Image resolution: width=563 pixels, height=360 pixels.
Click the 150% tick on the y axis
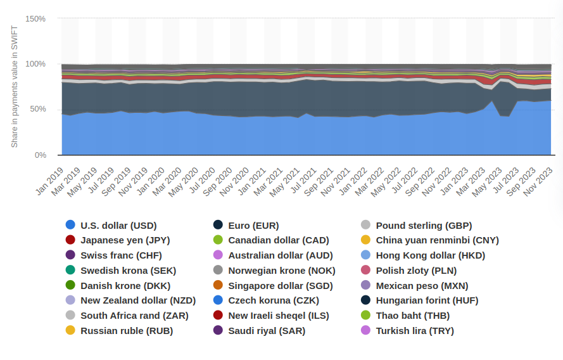35,18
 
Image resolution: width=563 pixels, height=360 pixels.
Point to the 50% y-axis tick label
37,109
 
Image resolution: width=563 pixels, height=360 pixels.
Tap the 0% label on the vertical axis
40,155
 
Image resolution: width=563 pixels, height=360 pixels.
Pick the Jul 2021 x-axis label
305,181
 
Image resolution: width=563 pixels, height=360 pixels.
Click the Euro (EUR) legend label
253,225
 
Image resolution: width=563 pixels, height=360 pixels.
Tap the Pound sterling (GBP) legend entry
424,225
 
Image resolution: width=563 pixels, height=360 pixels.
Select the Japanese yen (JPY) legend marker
70,240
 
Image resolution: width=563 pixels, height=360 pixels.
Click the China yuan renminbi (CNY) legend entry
437,240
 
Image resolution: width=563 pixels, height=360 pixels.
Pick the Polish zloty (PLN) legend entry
416,271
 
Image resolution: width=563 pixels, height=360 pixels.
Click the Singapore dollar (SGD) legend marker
218,285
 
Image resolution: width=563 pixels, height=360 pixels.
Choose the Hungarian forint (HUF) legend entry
427,300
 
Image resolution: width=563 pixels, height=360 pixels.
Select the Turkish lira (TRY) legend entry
415,330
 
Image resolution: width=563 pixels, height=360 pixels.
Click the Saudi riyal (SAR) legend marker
218,330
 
